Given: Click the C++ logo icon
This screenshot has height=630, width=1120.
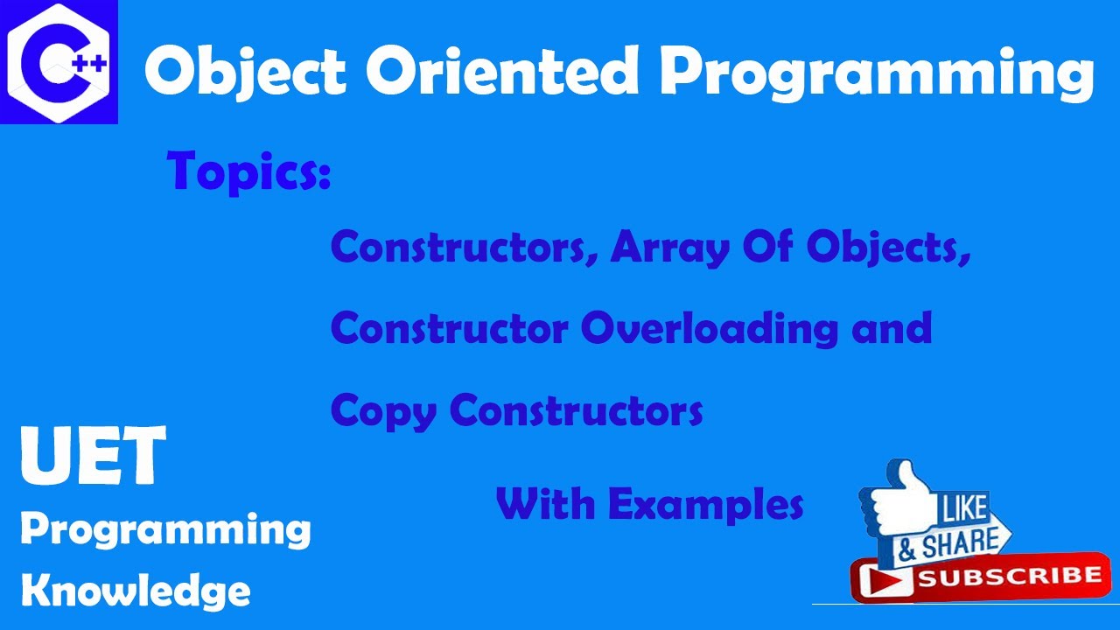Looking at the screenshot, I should click(x=59, y=61).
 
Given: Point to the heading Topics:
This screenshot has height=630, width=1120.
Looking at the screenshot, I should click(x=249, y=170).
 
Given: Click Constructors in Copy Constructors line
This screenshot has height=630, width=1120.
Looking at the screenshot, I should click(x=577, y=409).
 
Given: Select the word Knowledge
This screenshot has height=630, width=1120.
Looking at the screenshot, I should click(x=136, y=591).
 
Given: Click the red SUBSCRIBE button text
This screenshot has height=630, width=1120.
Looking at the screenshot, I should click(x=1006, y=577).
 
